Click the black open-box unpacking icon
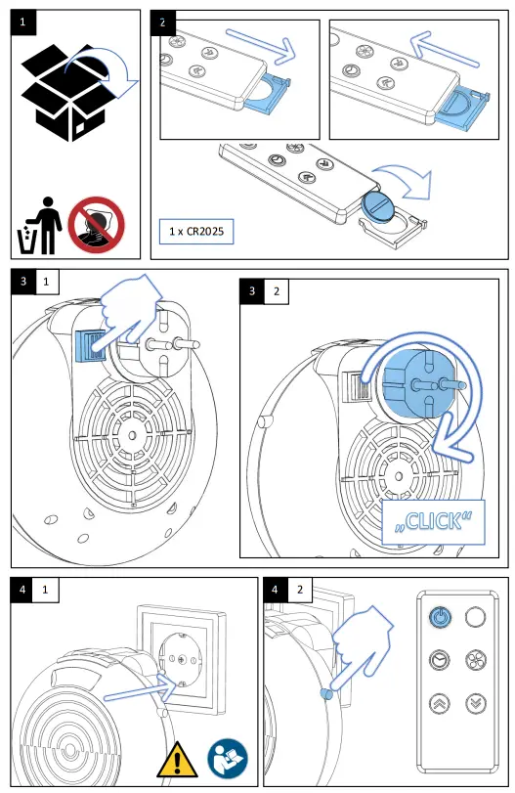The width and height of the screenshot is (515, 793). [x=63, y=93]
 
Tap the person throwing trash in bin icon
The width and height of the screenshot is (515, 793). [x=39, y=226]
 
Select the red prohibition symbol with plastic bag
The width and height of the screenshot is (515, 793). [x=96, y=225]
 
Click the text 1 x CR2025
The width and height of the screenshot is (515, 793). [x=196, y=231]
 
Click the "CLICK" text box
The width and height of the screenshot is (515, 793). [x=433, y=522]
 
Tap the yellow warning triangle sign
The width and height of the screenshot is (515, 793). [x=177, y=760]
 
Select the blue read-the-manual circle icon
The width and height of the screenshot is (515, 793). [x=228, y=759]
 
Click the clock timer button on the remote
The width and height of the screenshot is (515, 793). [x=439, y=660]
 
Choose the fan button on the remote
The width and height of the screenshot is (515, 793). [x=476, y=660]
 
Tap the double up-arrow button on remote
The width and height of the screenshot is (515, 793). [x=439, y=703]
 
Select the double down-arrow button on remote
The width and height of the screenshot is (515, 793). [x=476, y=703]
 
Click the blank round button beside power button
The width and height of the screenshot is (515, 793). [x=475, y=617]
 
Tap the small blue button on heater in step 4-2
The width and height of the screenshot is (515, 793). [x=326, y=694]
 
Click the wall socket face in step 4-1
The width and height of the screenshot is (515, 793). [x=182, y=658]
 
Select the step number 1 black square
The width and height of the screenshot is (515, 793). [x=23, y=22]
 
